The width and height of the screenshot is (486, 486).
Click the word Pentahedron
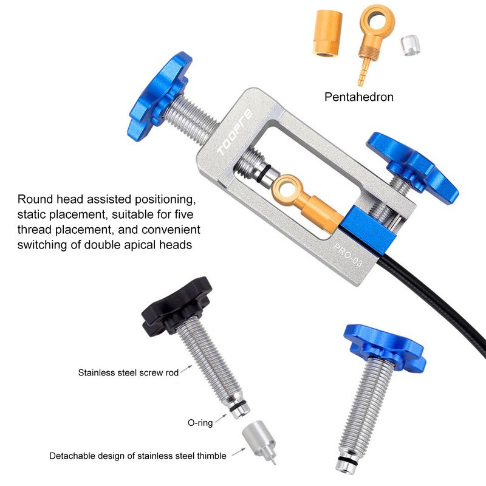tap(359, 97)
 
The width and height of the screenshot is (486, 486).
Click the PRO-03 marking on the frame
tap(347, 255)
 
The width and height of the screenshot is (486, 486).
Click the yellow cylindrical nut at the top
tap(327, 33)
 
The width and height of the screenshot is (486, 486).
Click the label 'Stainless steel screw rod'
tap(128, 372)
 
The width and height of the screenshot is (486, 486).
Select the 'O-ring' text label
tap(200, 422)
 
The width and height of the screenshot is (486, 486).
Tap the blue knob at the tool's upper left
tap(160, 97)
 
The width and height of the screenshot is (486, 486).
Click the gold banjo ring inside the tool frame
tap(284, 189)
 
